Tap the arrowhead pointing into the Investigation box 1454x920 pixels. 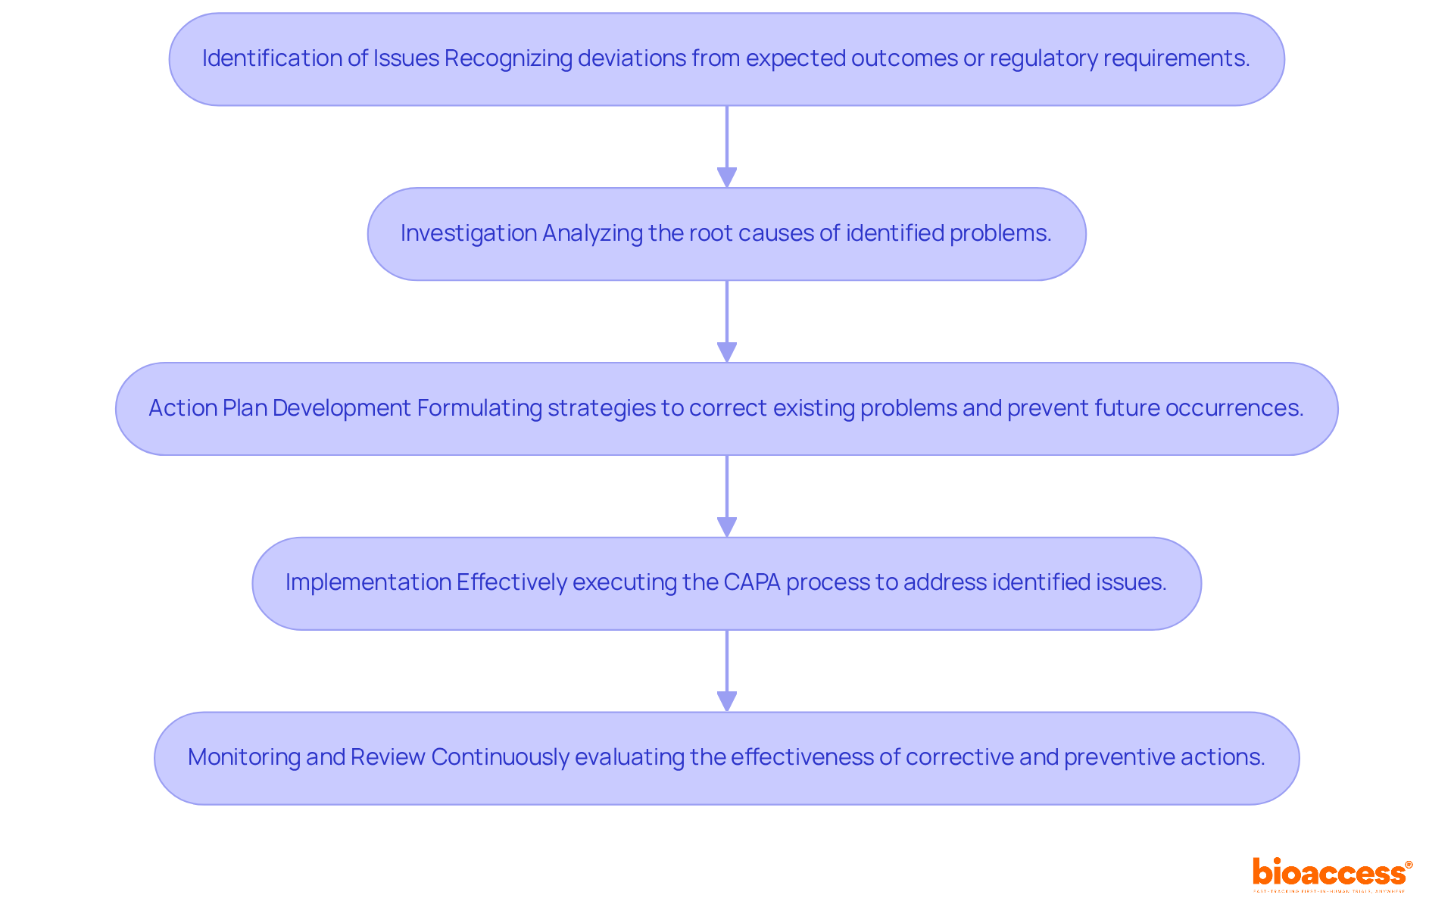pos(727,178)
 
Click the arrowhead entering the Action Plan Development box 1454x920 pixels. pos(727,352)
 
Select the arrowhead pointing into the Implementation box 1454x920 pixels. pos(727,527)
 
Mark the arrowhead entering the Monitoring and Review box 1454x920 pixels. pos(727,702)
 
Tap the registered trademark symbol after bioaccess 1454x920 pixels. pos(1409,865)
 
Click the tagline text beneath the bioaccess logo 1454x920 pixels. pos(1329,892)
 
